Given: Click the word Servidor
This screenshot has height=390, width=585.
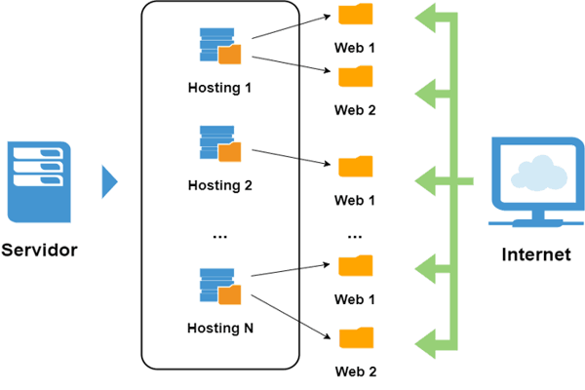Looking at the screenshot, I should pos(39,250).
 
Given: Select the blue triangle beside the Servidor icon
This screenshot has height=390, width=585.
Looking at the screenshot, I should pos(109,181).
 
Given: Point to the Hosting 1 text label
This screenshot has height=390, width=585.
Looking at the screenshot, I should pos(219,88).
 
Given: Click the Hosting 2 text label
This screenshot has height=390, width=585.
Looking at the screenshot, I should pos(219,185).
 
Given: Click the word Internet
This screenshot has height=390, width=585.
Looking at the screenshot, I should pos(535,255).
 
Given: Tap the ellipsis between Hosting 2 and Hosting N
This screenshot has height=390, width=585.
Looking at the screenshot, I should pos(219,235).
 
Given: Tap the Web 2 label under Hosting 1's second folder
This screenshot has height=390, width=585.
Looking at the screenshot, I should pos(355,109).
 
